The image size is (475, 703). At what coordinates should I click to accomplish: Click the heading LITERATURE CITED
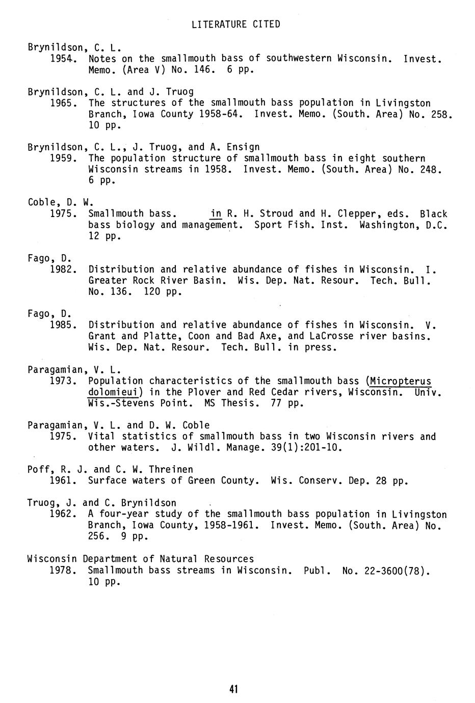(x=236, y=24)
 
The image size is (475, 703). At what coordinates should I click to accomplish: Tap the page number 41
(x=234, y=690)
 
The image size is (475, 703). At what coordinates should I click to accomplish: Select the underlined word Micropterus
(x=401, y=381)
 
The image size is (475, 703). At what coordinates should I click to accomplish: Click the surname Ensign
(x=243, y=147)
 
